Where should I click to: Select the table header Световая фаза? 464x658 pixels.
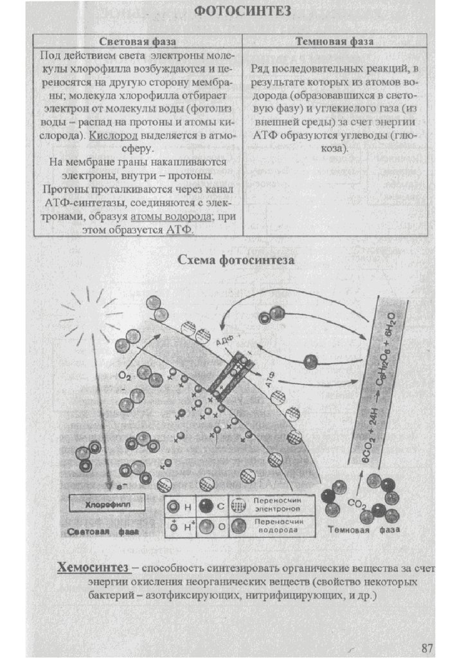coord(138,42)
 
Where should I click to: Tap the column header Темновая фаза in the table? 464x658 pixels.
coord(335,42)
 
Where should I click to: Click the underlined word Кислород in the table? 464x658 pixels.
coord(111,136)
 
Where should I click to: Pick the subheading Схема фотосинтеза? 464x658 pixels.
coord(235,260)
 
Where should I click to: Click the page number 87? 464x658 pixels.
coord(427,646)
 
